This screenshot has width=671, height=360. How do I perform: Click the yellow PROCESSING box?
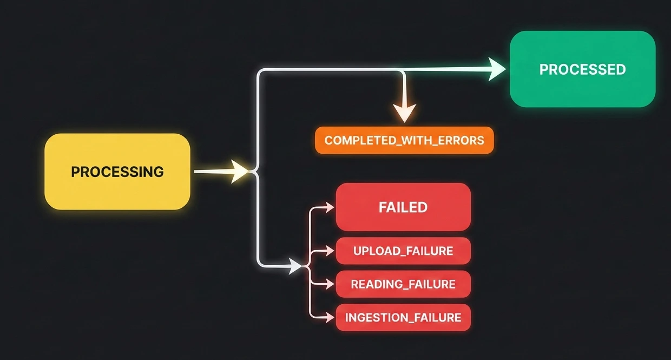point(117,171)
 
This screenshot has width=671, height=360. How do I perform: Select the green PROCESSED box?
point(582,69)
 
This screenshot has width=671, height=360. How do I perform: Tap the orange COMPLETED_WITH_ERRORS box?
point(404,140)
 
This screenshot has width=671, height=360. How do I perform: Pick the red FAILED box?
point(403,207)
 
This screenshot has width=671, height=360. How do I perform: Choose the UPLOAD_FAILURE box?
point(403,251)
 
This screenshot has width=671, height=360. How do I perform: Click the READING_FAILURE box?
point(403,284)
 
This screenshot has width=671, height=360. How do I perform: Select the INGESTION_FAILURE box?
point(403,317)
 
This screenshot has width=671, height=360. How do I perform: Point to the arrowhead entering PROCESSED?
point(497,69)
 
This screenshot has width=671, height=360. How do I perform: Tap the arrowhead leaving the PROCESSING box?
point(240,172)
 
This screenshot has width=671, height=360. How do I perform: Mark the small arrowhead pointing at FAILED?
point(330,207)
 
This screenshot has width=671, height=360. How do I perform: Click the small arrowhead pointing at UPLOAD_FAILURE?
point(330,251)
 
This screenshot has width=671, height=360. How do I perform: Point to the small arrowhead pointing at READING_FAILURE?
point(330,284)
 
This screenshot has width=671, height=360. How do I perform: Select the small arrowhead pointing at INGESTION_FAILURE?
point(330,317)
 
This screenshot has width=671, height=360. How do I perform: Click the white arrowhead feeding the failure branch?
point(295,266)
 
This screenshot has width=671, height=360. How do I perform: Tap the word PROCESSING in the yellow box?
point(117,172)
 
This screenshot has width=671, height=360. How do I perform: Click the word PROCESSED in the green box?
point(582,69)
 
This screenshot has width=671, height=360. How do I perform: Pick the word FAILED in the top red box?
point(403,207)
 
